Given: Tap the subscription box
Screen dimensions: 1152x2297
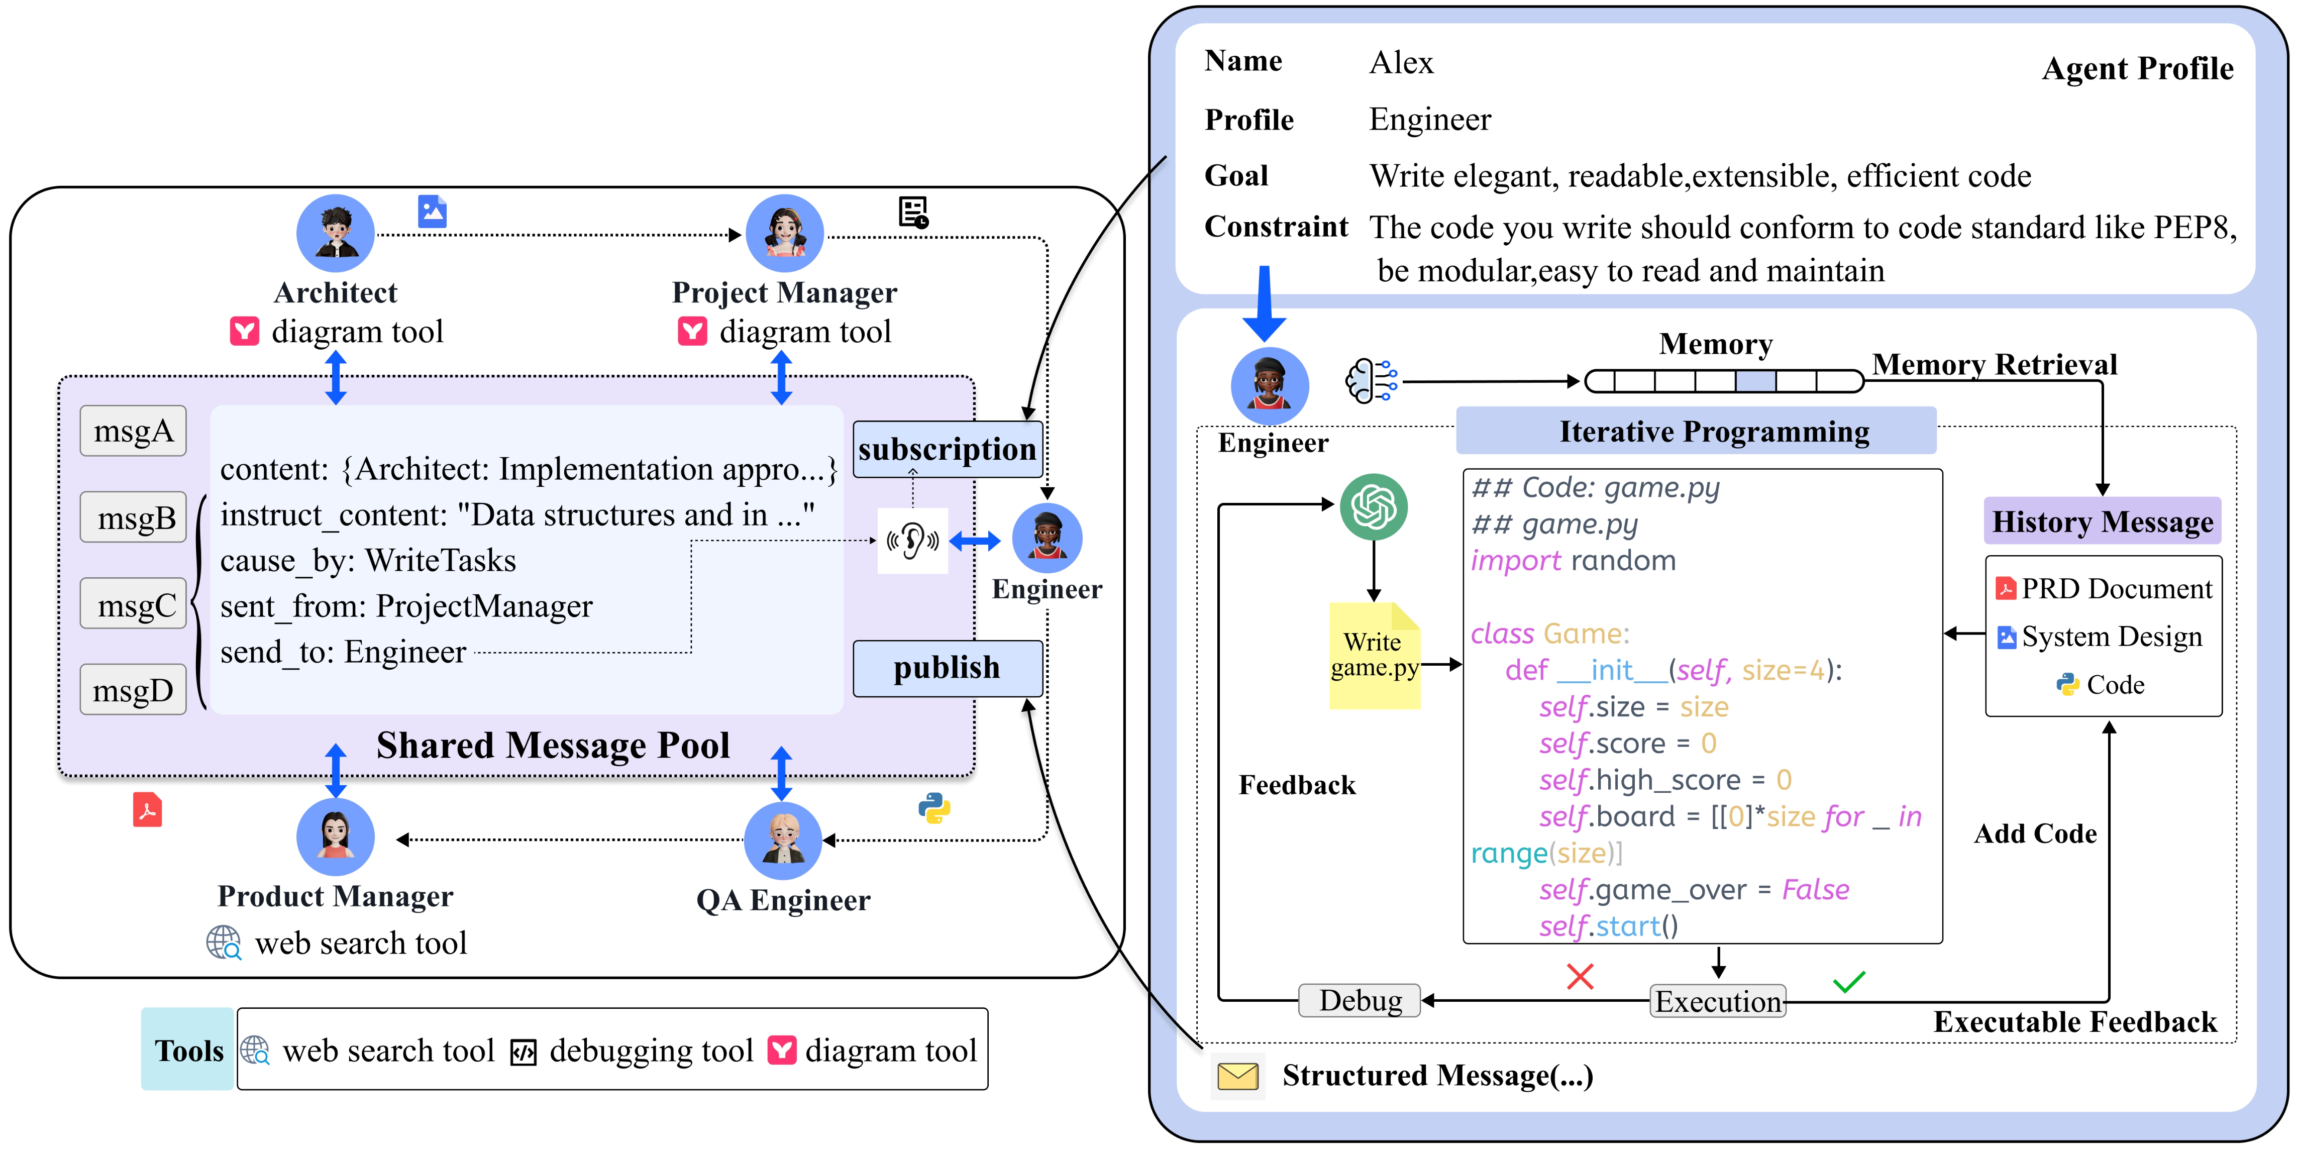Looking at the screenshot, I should pos(947,449).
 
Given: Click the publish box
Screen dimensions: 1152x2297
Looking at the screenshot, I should pos(947,668).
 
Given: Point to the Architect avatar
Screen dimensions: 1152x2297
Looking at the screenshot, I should pos(335,234).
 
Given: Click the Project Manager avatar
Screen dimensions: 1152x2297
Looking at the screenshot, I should pos(785,234).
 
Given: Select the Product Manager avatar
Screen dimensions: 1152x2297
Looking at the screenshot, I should pos(335,836).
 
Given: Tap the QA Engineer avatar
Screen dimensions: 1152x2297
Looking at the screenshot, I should pos(783,840).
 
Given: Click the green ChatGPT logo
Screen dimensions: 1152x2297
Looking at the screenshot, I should pos(1373,506).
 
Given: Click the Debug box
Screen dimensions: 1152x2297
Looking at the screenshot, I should pos(1360,1000).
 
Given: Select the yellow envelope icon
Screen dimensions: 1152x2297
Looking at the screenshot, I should pos(1237,1076).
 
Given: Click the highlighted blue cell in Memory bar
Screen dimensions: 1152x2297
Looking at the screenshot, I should pos(1755,382).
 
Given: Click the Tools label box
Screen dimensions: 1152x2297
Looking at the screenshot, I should pos(188,1050).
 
